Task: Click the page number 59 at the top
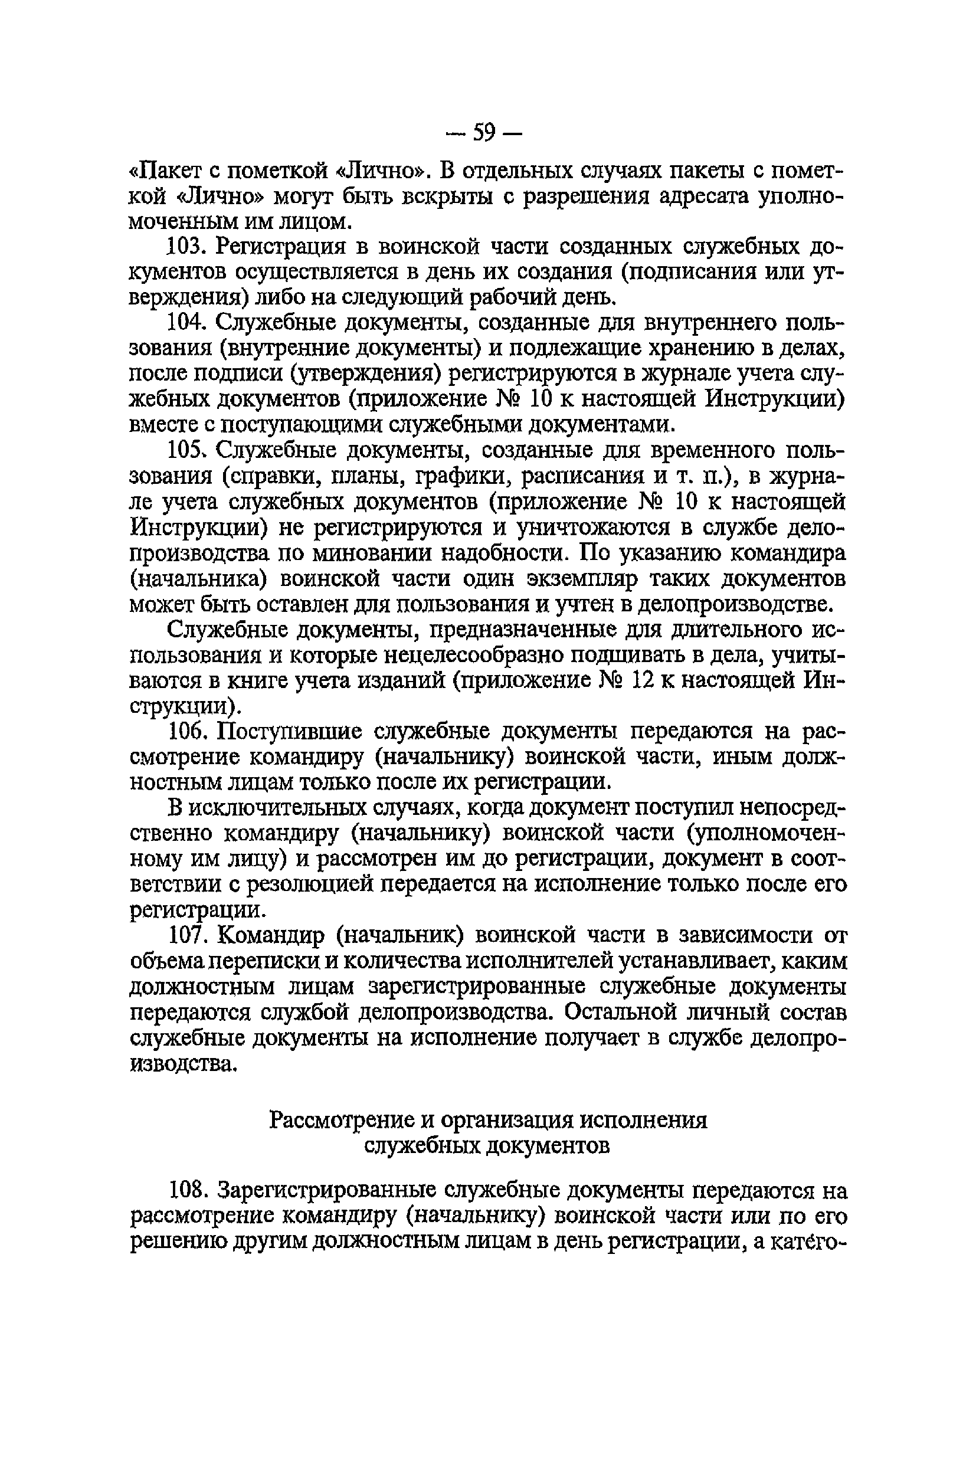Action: pyautogui.click(x=484, y=133)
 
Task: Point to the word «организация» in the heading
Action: pyautogui.click(x=506, y=1121)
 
